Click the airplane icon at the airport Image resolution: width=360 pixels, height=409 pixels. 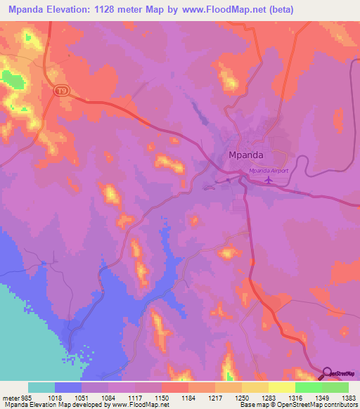[x=268, y=181]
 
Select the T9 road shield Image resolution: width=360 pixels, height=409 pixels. [x=63, y=91]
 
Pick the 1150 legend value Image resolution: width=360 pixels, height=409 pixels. [x=174, y=398]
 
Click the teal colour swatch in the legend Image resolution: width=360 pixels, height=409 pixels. [x=41, y=387]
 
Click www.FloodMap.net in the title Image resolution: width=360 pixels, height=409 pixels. [x=219, y=9]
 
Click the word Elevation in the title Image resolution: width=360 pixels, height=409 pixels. [x=83, y=9]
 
